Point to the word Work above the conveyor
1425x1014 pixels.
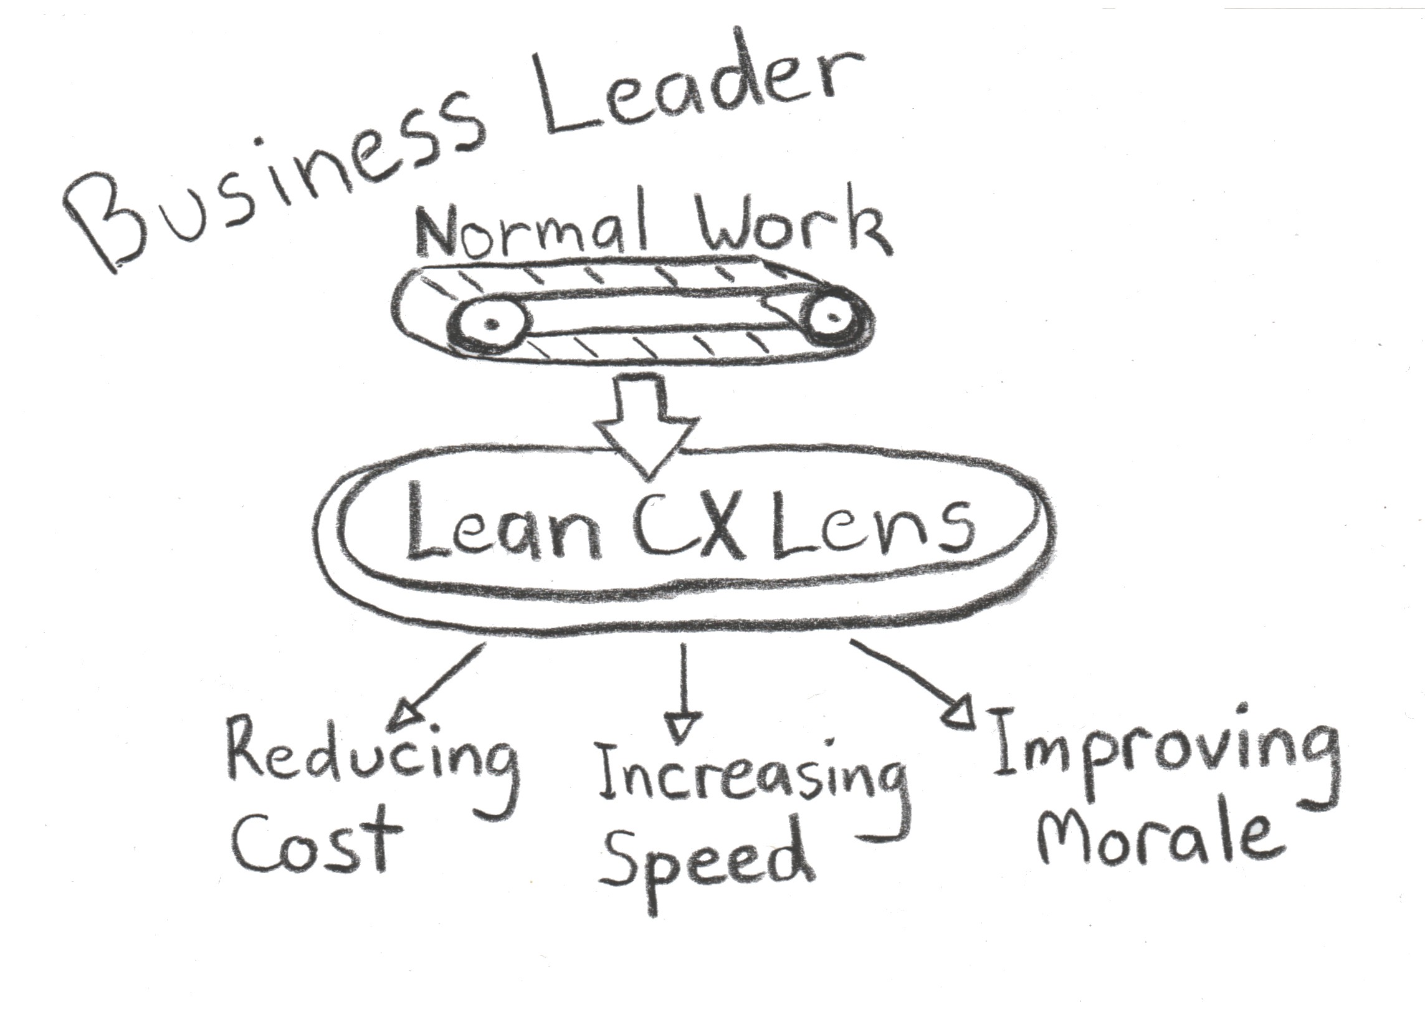tap(793, 225)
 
